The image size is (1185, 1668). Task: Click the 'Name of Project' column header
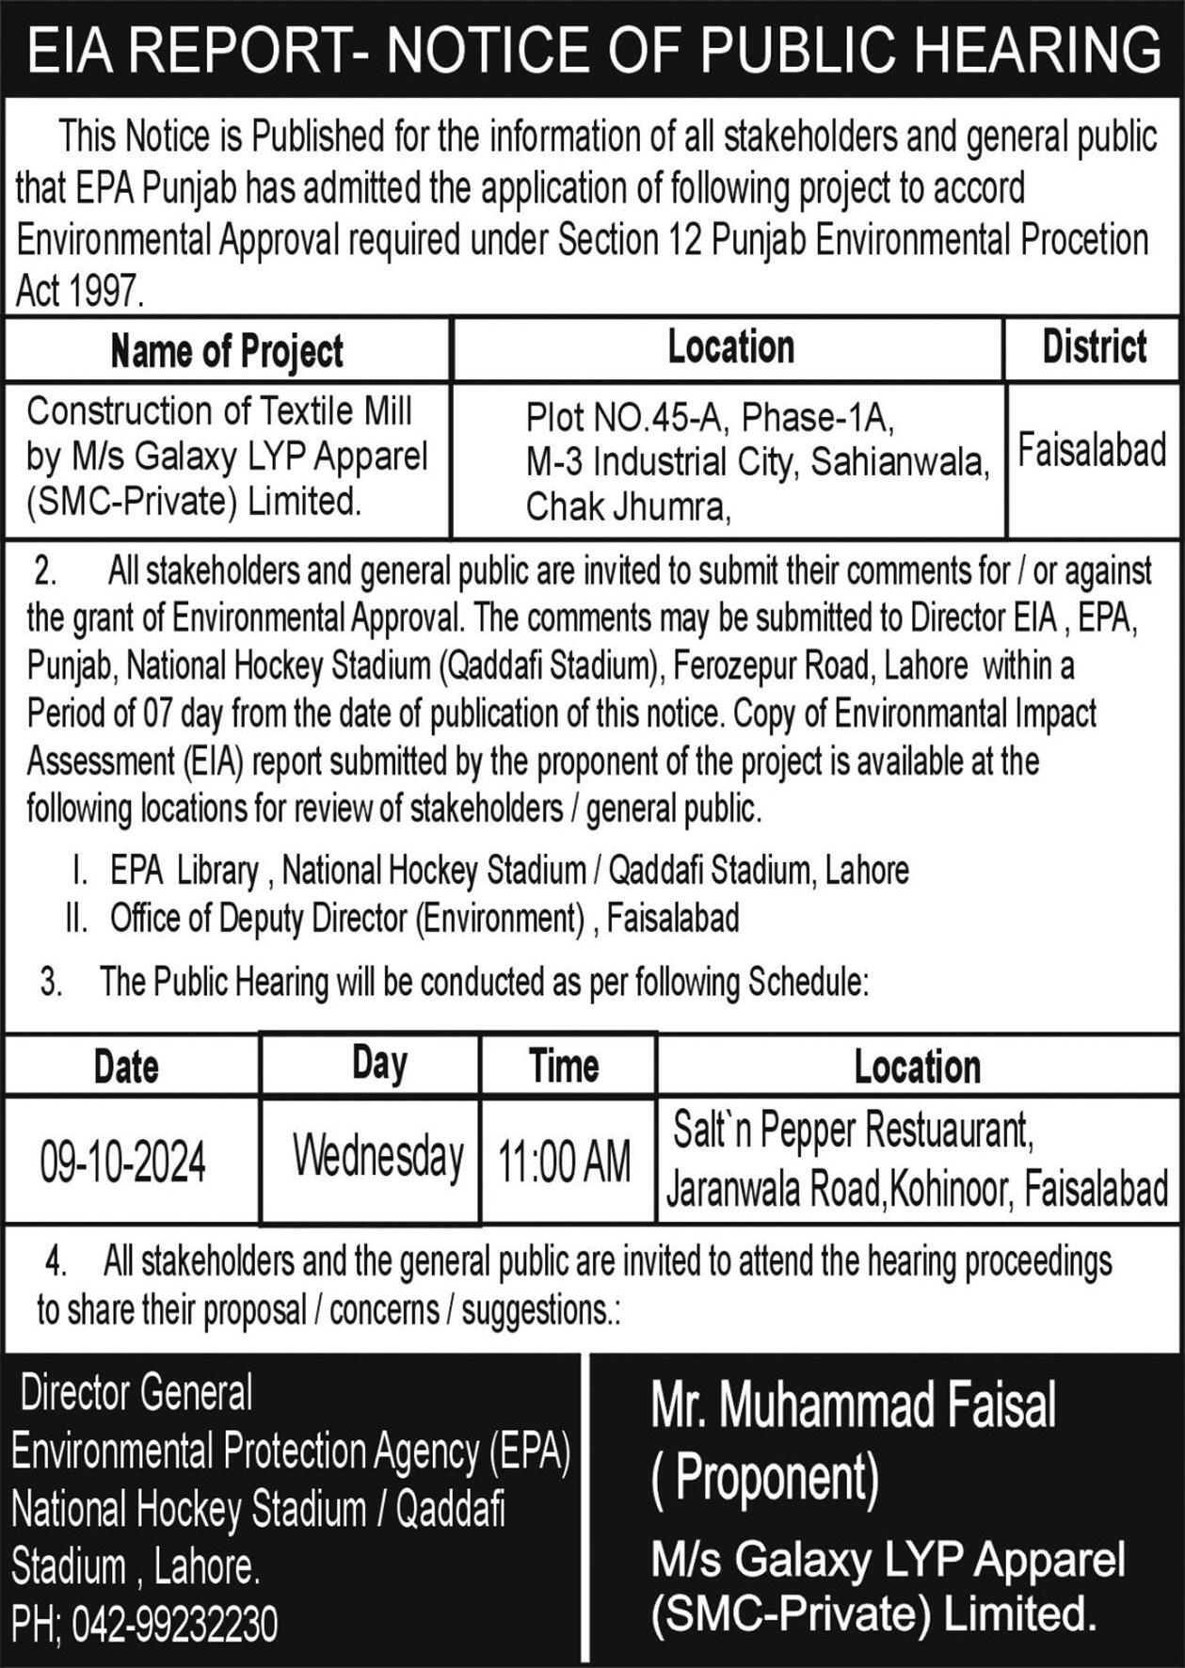(x=227, y=351)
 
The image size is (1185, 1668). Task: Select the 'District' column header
(x=1094, y=347)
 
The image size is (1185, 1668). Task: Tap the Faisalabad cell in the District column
(x=1092, y=452)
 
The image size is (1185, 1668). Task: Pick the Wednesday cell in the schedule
(x=377, y=1157)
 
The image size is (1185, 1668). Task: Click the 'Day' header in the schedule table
(x=379, y=1064)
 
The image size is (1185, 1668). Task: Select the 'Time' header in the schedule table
(x=564, y=1067)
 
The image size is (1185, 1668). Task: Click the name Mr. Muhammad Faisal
(x=854, y=1406)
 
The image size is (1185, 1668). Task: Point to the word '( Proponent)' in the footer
(x=765, y=1477)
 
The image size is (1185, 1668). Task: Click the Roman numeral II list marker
(x=76, y=918)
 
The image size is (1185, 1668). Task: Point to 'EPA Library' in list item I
(x=184, y=871)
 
